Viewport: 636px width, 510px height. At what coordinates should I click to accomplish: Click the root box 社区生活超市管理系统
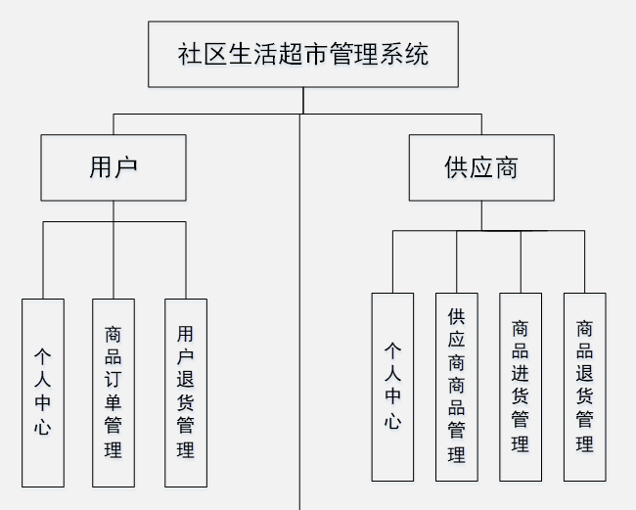[302, 54]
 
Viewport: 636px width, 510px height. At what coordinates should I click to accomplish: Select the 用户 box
[113, 167]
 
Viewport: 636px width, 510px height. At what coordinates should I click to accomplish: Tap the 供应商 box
[480, 167]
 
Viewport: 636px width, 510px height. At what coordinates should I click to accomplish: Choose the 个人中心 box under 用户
[42, 392]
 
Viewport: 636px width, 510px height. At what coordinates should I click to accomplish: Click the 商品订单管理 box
[114, 392]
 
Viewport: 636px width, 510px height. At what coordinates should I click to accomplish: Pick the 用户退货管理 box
[185, 392]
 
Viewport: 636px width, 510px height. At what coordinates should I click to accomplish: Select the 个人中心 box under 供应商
[392, 387]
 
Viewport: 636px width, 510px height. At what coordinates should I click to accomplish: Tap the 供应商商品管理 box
[457, 387]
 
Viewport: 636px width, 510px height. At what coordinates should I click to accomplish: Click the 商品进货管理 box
[521, 387]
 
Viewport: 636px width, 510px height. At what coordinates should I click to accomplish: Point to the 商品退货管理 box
[584, 387]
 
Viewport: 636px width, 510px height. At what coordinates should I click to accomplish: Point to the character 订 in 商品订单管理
[114, 379]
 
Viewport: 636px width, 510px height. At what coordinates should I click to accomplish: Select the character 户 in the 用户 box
[125, 167]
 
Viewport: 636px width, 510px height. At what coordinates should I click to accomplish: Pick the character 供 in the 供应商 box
[456, 167]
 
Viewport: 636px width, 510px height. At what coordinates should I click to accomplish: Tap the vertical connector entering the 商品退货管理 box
[584, 261]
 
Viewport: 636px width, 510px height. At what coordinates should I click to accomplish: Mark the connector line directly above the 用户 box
[114, 124]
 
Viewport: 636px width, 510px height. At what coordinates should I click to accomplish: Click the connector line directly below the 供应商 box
[480, 215]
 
